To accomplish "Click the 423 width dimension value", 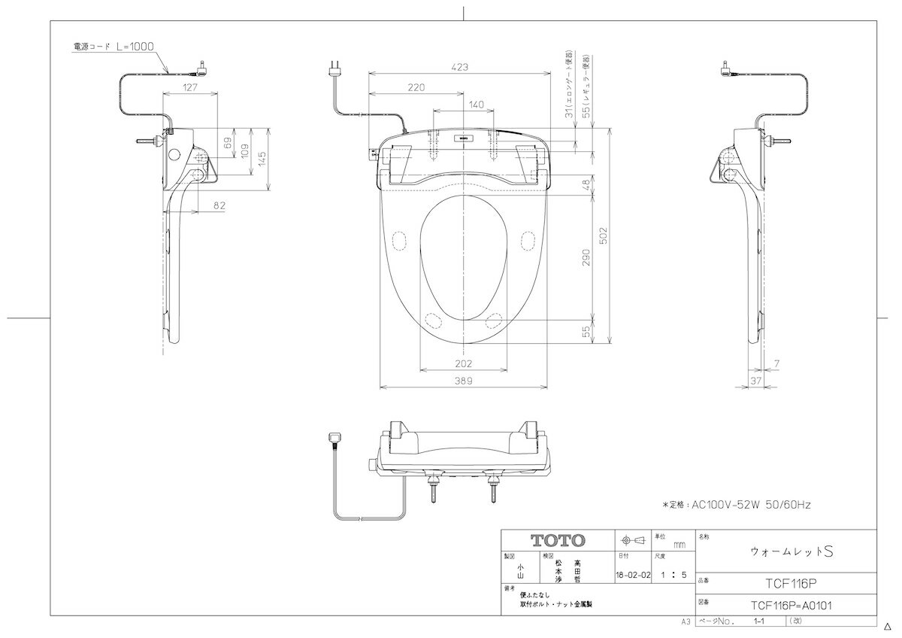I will pos(461,67).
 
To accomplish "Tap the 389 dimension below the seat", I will pos(464,381).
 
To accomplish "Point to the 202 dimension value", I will pos(464,363).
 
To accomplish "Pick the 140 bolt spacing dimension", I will pos(476,105).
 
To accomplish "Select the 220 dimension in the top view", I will pos(416,88).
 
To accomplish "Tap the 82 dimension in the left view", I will pos(219,205).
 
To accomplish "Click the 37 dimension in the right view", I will pos(756,381).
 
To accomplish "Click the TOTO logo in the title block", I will pos(557,540).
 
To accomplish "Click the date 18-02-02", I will pos(632,575).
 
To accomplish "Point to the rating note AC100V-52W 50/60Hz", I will pos(736,506).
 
